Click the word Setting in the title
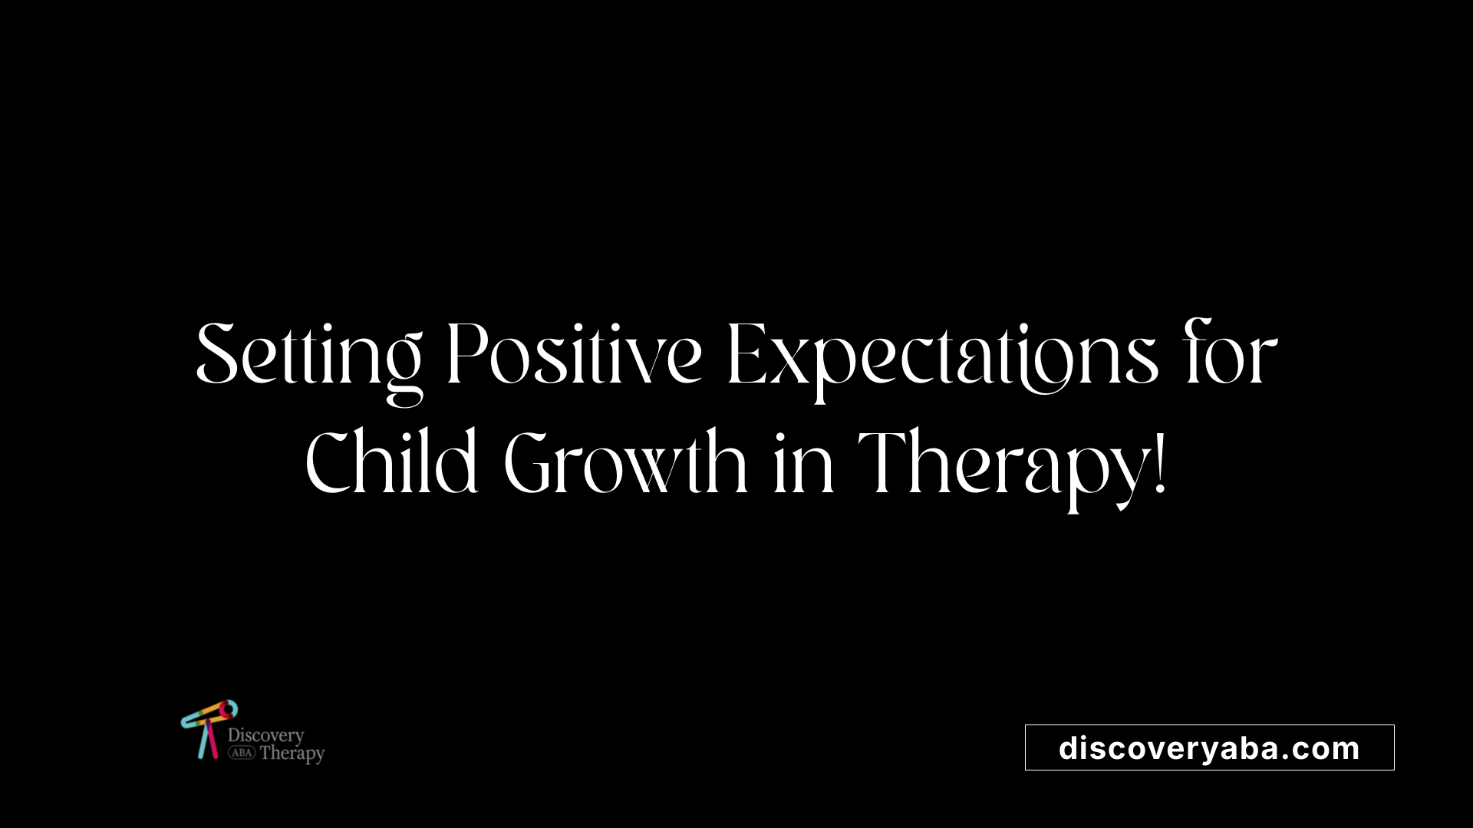point(309,360)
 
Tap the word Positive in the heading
point(574,354)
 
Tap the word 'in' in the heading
point(803,465)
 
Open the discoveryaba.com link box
point(1209,747)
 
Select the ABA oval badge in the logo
point(242,753)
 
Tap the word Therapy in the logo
point(292,754)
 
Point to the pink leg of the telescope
point(213,740)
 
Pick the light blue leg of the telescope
point(203,741)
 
